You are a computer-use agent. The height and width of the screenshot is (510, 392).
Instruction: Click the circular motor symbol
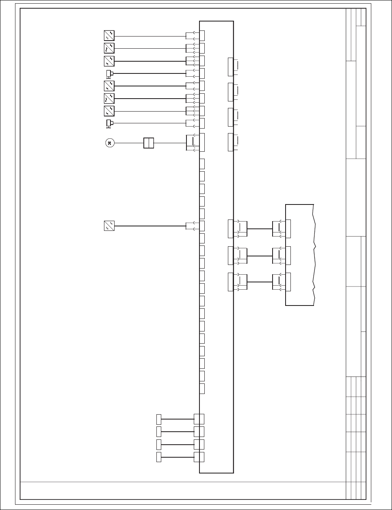[109, 143]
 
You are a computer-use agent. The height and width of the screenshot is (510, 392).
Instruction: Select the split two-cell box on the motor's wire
[149, 143]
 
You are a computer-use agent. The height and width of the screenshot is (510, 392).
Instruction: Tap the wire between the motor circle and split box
[129, 143]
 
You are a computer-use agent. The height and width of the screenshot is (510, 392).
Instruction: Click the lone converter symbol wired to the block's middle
[109, 226]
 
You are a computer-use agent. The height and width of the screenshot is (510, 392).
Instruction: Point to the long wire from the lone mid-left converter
[150, 226]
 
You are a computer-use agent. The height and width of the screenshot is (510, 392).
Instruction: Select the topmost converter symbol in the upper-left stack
[109, 36]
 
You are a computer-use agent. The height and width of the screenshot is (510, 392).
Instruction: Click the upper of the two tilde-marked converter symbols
[109, 48]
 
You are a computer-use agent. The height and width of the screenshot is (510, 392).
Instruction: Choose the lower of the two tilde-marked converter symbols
[109, 99]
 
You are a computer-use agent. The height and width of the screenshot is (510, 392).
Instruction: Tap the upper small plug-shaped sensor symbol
[109, 73]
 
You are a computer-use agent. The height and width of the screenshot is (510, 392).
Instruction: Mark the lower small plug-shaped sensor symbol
[109, 123]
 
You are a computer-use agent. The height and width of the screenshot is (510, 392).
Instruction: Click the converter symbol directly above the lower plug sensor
[109, 111]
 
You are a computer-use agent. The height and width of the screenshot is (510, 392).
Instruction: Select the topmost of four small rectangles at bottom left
[159, 419]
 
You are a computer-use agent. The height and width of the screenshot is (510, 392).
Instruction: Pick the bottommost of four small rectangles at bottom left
[159, 457]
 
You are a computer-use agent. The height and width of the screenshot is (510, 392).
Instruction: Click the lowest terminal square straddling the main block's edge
[199, 457]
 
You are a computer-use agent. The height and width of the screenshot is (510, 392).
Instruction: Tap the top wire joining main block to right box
[260, 229]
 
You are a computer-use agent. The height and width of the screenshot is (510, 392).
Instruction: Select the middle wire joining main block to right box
[260, 256]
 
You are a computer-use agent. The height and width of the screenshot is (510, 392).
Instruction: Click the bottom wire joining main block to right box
[260, 282]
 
